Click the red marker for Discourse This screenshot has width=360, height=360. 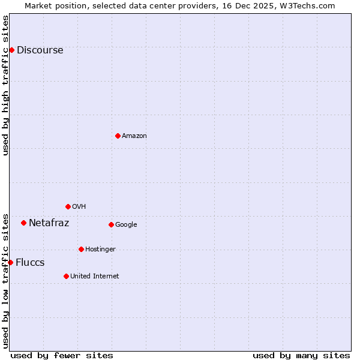11,50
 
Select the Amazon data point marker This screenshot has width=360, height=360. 118,136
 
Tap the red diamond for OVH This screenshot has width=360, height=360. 68,206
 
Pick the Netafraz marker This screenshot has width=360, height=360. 23,223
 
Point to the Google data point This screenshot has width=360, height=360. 111,224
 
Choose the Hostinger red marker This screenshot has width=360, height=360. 81,249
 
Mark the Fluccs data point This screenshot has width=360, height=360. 10,262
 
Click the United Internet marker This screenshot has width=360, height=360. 66,276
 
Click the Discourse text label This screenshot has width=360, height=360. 40,50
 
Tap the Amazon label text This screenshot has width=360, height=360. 134,136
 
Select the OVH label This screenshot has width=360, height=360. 79,207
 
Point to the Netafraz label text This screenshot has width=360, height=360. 49,223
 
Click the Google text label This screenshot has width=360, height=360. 126,225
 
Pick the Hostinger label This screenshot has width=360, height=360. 100,250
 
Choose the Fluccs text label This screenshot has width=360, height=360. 30,263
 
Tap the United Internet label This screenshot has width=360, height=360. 94,277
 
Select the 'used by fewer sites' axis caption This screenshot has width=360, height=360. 62,355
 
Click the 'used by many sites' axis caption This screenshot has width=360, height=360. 301,355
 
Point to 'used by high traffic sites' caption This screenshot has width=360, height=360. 6,85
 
